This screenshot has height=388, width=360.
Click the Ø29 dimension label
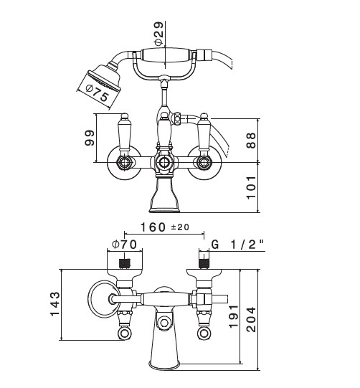(x=159, y=34)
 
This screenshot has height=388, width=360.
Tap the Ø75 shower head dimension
(x=97, y=93)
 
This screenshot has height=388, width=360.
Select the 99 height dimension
(x=90, y=138)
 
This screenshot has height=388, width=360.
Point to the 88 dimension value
(x=251, y=141)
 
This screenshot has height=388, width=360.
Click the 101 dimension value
(x=251, y=187)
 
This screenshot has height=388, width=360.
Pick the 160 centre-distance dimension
(x=153, y=227)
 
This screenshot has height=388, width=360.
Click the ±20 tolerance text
(x=180, y=227)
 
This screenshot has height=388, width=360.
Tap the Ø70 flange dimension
(x=124, y=245)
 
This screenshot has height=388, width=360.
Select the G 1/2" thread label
(x=237, y=245)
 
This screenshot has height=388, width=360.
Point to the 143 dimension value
(x=55, y=304)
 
